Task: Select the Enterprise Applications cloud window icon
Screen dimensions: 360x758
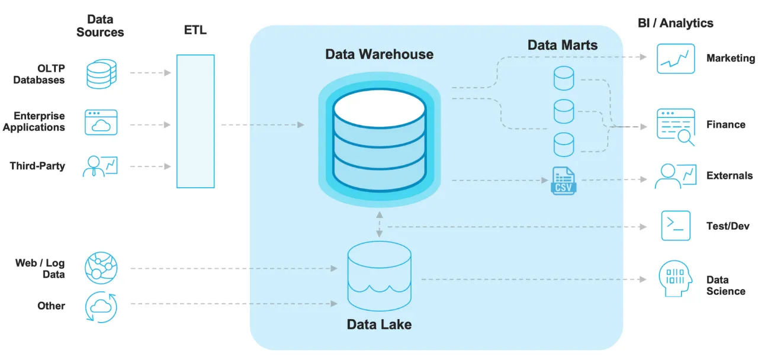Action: pyautogui.click(x=101, y=123)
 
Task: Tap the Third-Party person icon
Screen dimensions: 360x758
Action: pyautogui.click(x=101, y=166)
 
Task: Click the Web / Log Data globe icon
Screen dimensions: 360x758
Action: pyautogui.click(x=101, y=267)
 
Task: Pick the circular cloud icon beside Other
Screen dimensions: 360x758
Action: pyautogui.click(x=101, y=307)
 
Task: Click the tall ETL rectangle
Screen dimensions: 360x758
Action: pyautogui.click(x=195, y=121)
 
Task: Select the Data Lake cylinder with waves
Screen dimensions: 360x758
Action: pyautogui.click(x=379, y=272)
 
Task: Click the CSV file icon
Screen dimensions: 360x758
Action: pyautogui.click(x=563, y=181)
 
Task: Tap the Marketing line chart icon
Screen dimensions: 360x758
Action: pyautogui.click(x=676, y=59)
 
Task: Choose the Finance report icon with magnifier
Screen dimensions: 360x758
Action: pyautogui.click(x=676, y=126)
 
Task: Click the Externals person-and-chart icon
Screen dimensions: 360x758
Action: pyautogui.click(x=675, y=176)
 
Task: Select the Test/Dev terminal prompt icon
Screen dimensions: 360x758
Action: pyautogui.click(x=676, y=226)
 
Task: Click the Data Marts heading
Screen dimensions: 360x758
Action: pyautogui.click(x=563, y=45)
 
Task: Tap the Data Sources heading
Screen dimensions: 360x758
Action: pyautogui.click(x=100, y=26)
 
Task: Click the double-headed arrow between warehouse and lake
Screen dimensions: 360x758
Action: pyautogui.click(x=379, y=226)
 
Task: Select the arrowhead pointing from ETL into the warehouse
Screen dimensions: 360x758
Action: pyautogui.click(x=301, y=125)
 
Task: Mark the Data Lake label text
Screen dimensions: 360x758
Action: pyautogui.click(x=379, y=324)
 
